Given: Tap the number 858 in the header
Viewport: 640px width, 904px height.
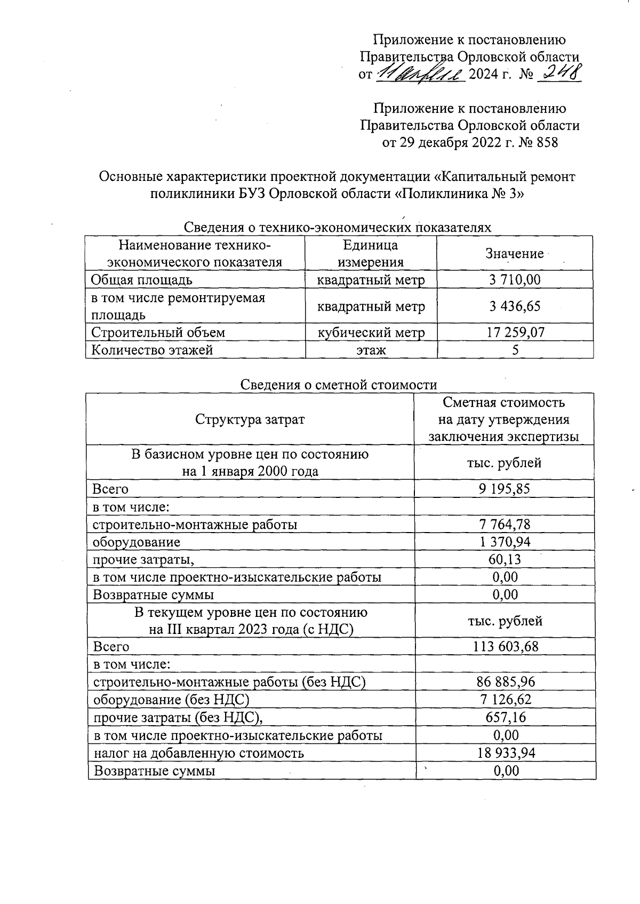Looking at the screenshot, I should pos(545,142).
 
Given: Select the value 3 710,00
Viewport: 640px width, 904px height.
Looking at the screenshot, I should pos(515,279).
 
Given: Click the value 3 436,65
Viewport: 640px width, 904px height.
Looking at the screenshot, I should pos(515,306).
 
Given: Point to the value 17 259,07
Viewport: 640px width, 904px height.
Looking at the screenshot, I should pos(515,332).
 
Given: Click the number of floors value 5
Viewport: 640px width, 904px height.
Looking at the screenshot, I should pos(515,350).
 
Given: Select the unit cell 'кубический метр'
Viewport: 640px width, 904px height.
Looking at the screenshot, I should pos(371,332).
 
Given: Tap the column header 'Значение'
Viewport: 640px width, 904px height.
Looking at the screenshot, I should pos(514,253).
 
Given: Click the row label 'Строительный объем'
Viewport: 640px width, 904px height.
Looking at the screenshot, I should pos(158,332).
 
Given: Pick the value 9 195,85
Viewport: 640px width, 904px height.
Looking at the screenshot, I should pos(505,488).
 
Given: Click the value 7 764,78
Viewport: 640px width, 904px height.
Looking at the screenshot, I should pos(505,524).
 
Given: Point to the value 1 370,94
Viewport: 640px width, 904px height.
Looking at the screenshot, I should pos(505,542).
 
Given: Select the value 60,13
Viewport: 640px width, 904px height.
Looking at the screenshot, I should pos(505,559).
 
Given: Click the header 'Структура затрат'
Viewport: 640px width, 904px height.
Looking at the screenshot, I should pos(250,419).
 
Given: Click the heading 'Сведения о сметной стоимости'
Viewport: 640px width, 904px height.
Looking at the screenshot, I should pos(339,384).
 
